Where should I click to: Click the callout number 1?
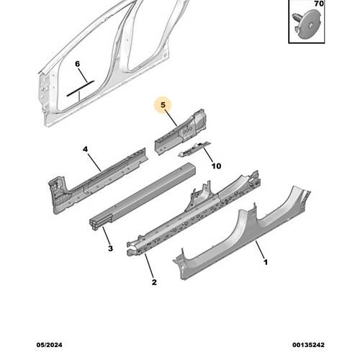(x=266, y=262)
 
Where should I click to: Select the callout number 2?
(x=154, y=282)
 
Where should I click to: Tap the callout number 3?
(x=110, y=248)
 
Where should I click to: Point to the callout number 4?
(x=85, y=149)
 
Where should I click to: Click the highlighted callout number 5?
(x=163, y=105)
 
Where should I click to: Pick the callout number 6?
(x=77, y=64)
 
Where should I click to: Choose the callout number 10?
(x=216, y=166)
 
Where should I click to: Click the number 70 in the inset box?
(x=319, y=4)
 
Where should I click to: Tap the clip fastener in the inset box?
(x=307, y=23)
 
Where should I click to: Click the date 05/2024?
(x=49, y=345)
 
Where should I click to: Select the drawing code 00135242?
(x=308, y=345)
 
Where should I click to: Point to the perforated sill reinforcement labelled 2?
(x=192, y=216)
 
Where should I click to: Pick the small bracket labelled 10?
(x=194, y=149)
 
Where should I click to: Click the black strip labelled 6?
(x=80, y=89)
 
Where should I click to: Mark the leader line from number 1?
(x=260, y=249)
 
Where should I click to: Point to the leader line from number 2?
(x=149, y=266)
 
